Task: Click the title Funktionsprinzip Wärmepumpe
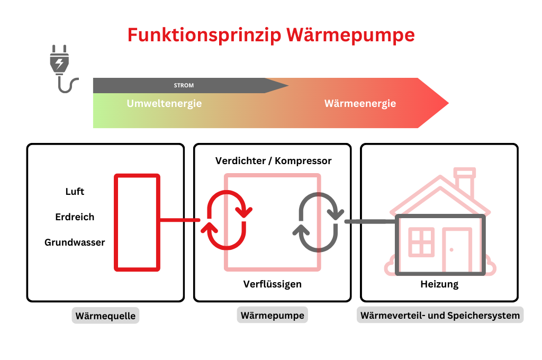(x=271, y=35)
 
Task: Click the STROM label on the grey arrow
(x=184, y=85)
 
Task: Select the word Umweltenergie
(x=164, y=104)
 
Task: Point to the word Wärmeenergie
(x=360, y=104)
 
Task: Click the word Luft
(x=75, y=192)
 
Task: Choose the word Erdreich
(x=75, y=217)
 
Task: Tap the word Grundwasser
(x=75, y=242)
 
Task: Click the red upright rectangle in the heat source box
(x=137, y=222)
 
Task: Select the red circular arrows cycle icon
(x=227, y=220)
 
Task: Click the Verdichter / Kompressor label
(x=273, y=161)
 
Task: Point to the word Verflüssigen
(x=272, y=284)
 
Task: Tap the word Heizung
(x=439, y=284)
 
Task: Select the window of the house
(x=422, y=242)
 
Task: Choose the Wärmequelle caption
(x=105, y=317)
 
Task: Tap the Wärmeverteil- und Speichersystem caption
(x=440, y=316)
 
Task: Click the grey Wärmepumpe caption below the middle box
(x=272, y=316)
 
